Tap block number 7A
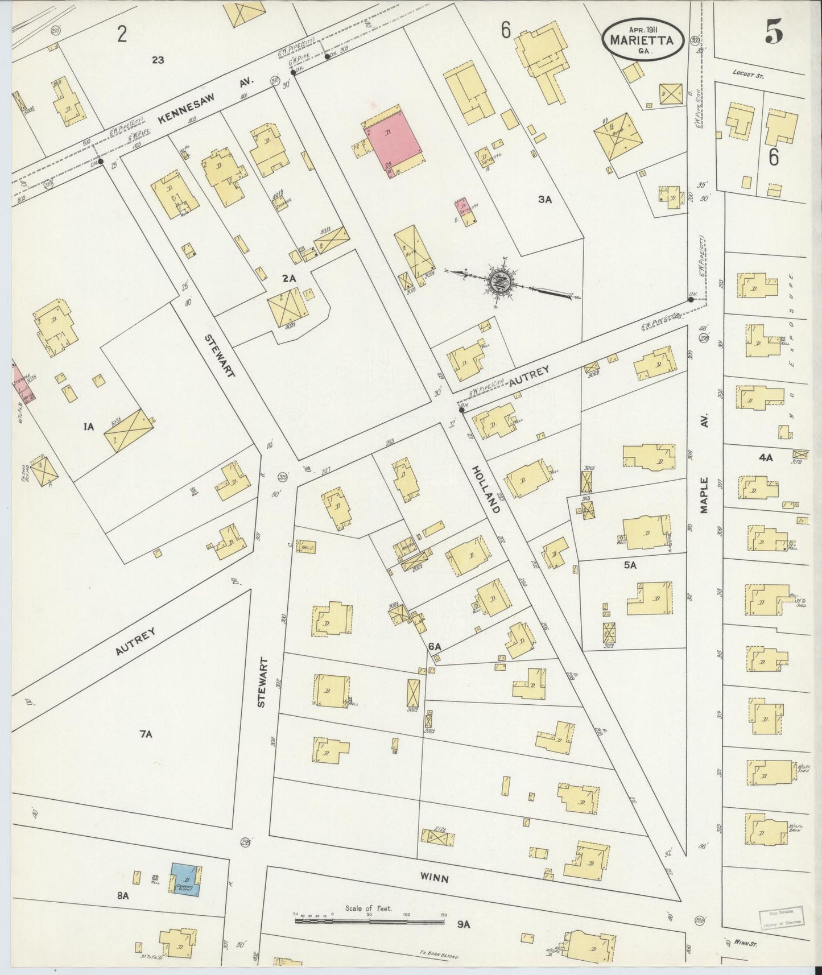pyautogui.click(x=146, y=734)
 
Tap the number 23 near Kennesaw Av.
pyautogui.click(x=158, y=59)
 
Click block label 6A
pyautogui.click(x=435, y=646)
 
